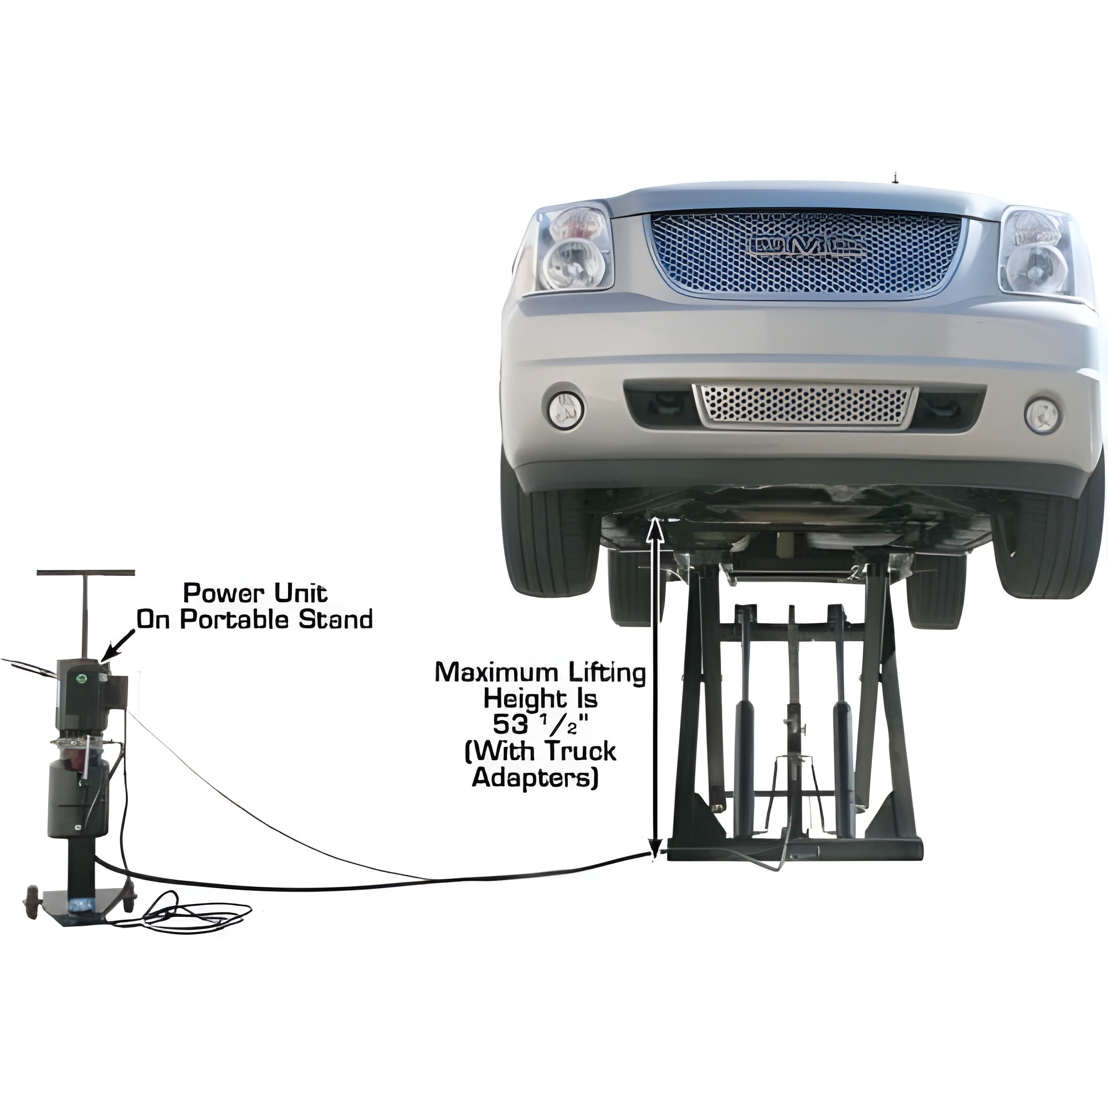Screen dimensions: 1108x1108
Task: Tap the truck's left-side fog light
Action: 566,409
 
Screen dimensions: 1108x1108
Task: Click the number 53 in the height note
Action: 510,726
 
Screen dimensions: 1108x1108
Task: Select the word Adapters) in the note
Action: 535,778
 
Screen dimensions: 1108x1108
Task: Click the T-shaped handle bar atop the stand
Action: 86,573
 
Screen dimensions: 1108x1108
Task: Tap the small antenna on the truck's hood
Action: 893,179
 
